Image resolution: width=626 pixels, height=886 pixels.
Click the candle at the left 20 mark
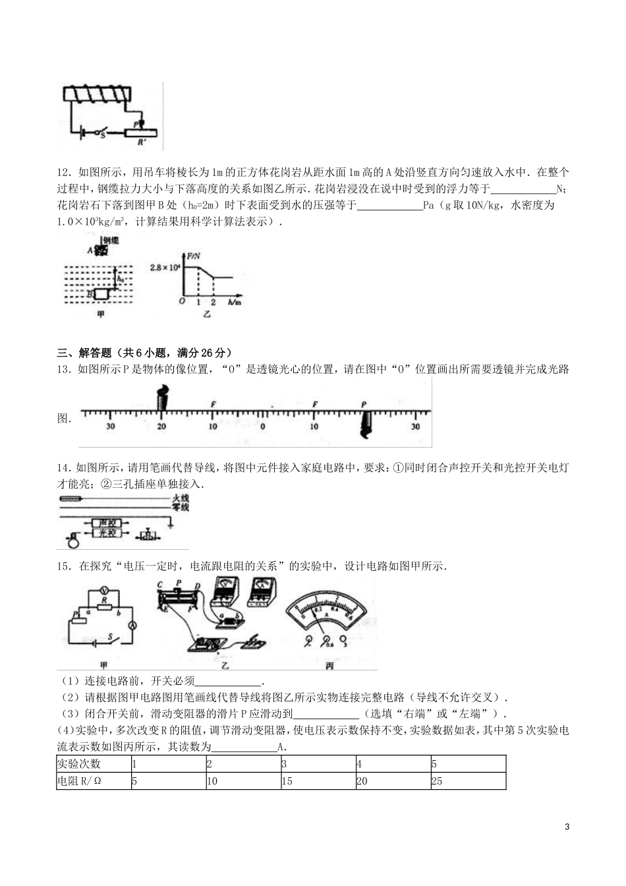[162, 398]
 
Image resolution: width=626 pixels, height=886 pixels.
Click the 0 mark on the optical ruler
[262, 426]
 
